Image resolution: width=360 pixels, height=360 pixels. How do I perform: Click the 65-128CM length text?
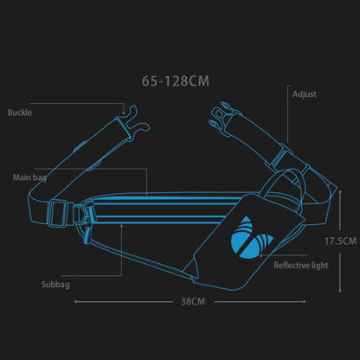(x=175, y=82)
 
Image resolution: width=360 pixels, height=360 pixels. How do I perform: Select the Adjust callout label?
(x=305, y=93)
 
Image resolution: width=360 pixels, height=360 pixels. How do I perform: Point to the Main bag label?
(x=29, y=177)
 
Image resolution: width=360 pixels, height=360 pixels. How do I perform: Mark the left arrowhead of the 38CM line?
(x=76, y=302)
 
